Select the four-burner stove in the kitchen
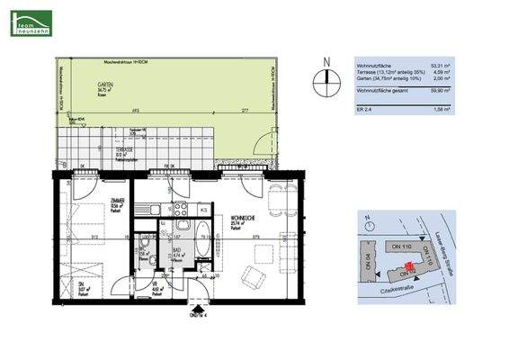182,210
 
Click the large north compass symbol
326,82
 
